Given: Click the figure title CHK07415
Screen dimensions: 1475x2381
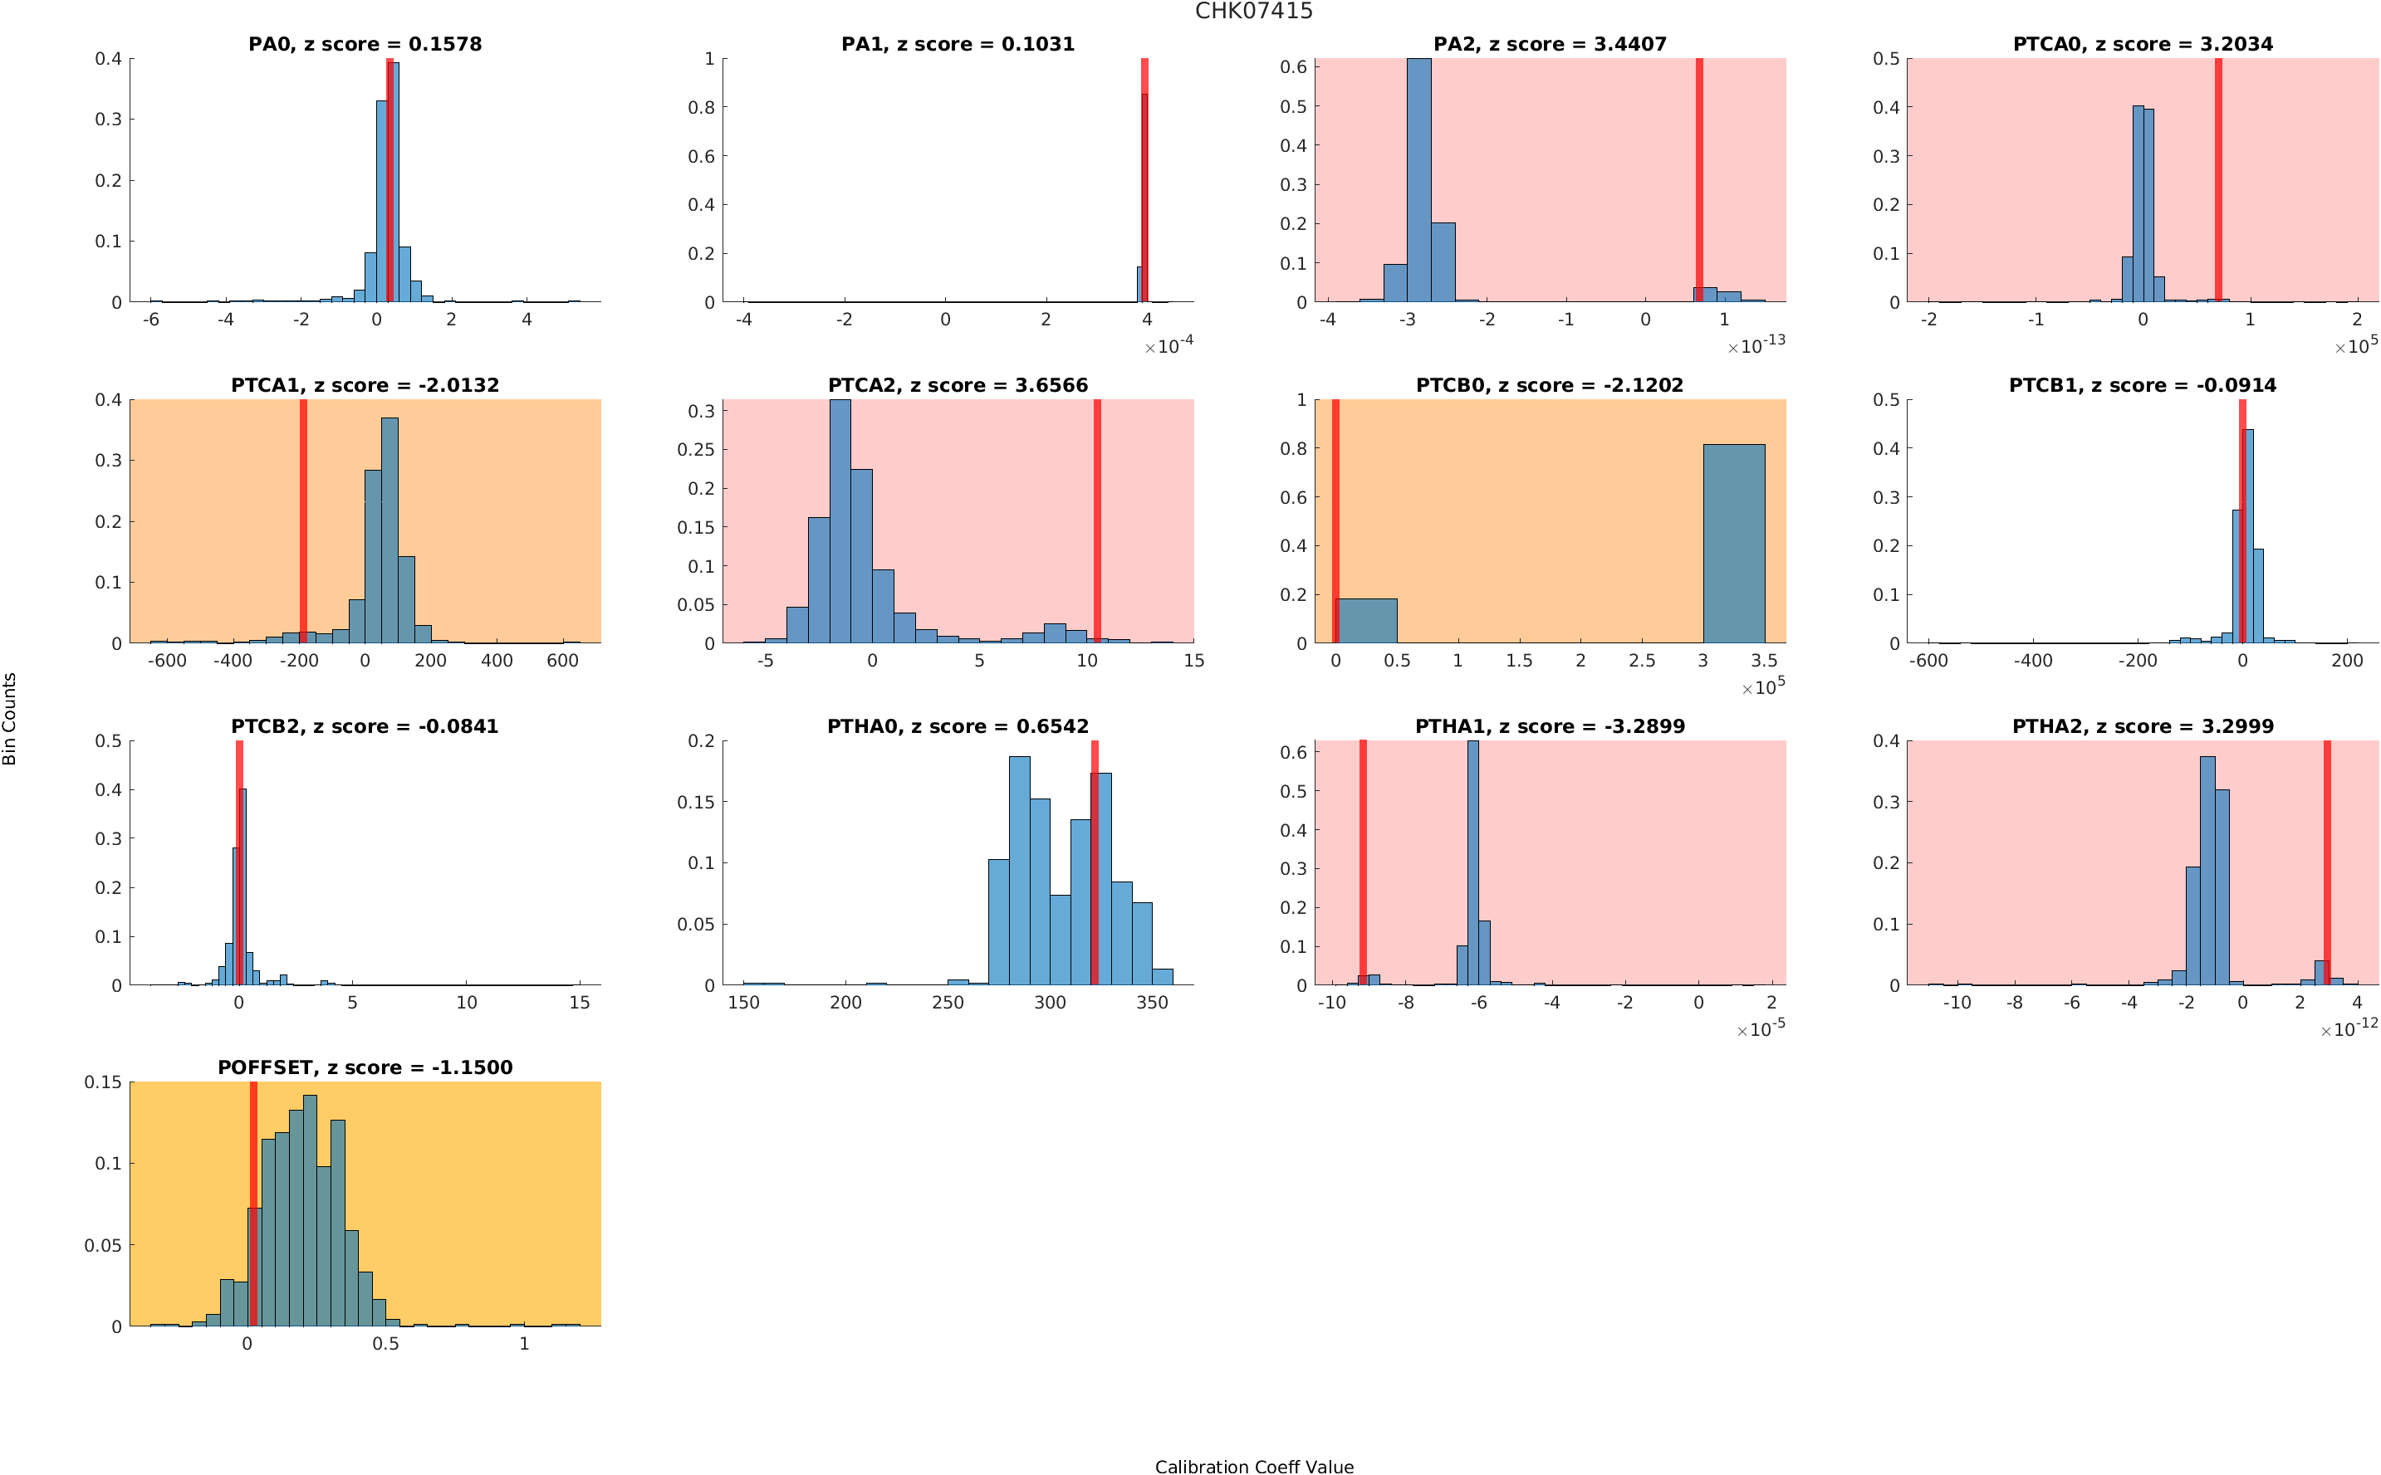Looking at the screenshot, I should tap(1253, 12).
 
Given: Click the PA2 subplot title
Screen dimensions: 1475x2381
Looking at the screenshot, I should tap(1550, 44).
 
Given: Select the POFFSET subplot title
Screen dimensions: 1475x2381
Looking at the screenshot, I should tap(365, 1067).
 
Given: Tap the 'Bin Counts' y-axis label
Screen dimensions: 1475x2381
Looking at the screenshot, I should tap(10, 718).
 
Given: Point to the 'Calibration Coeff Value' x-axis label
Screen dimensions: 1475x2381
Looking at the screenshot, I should tap(1254, 1465).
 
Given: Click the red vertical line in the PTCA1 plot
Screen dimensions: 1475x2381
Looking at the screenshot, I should tap(303, 521).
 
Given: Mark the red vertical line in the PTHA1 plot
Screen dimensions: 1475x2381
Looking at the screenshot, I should tap(1362, 862).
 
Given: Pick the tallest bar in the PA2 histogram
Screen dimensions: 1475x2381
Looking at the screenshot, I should tap(1418, 179).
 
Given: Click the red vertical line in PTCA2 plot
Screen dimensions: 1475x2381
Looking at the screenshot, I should tap(1097, 521).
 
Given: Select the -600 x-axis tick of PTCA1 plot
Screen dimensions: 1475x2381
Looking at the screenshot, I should tap(167, 662).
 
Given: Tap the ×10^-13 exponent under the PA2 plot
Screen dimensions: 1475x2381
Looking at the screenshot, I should tap(1756, 345).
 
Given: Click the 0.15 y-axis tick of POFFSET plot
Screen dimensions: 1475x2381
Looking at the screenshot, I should tap(104, 1082).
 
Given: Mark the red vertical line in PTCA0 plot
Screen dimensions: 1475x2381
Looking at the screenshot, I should tap(2218, 179).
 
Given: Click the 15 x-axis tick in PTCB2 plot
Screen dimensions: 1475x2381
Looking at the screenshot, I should tap(580, 1003).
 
